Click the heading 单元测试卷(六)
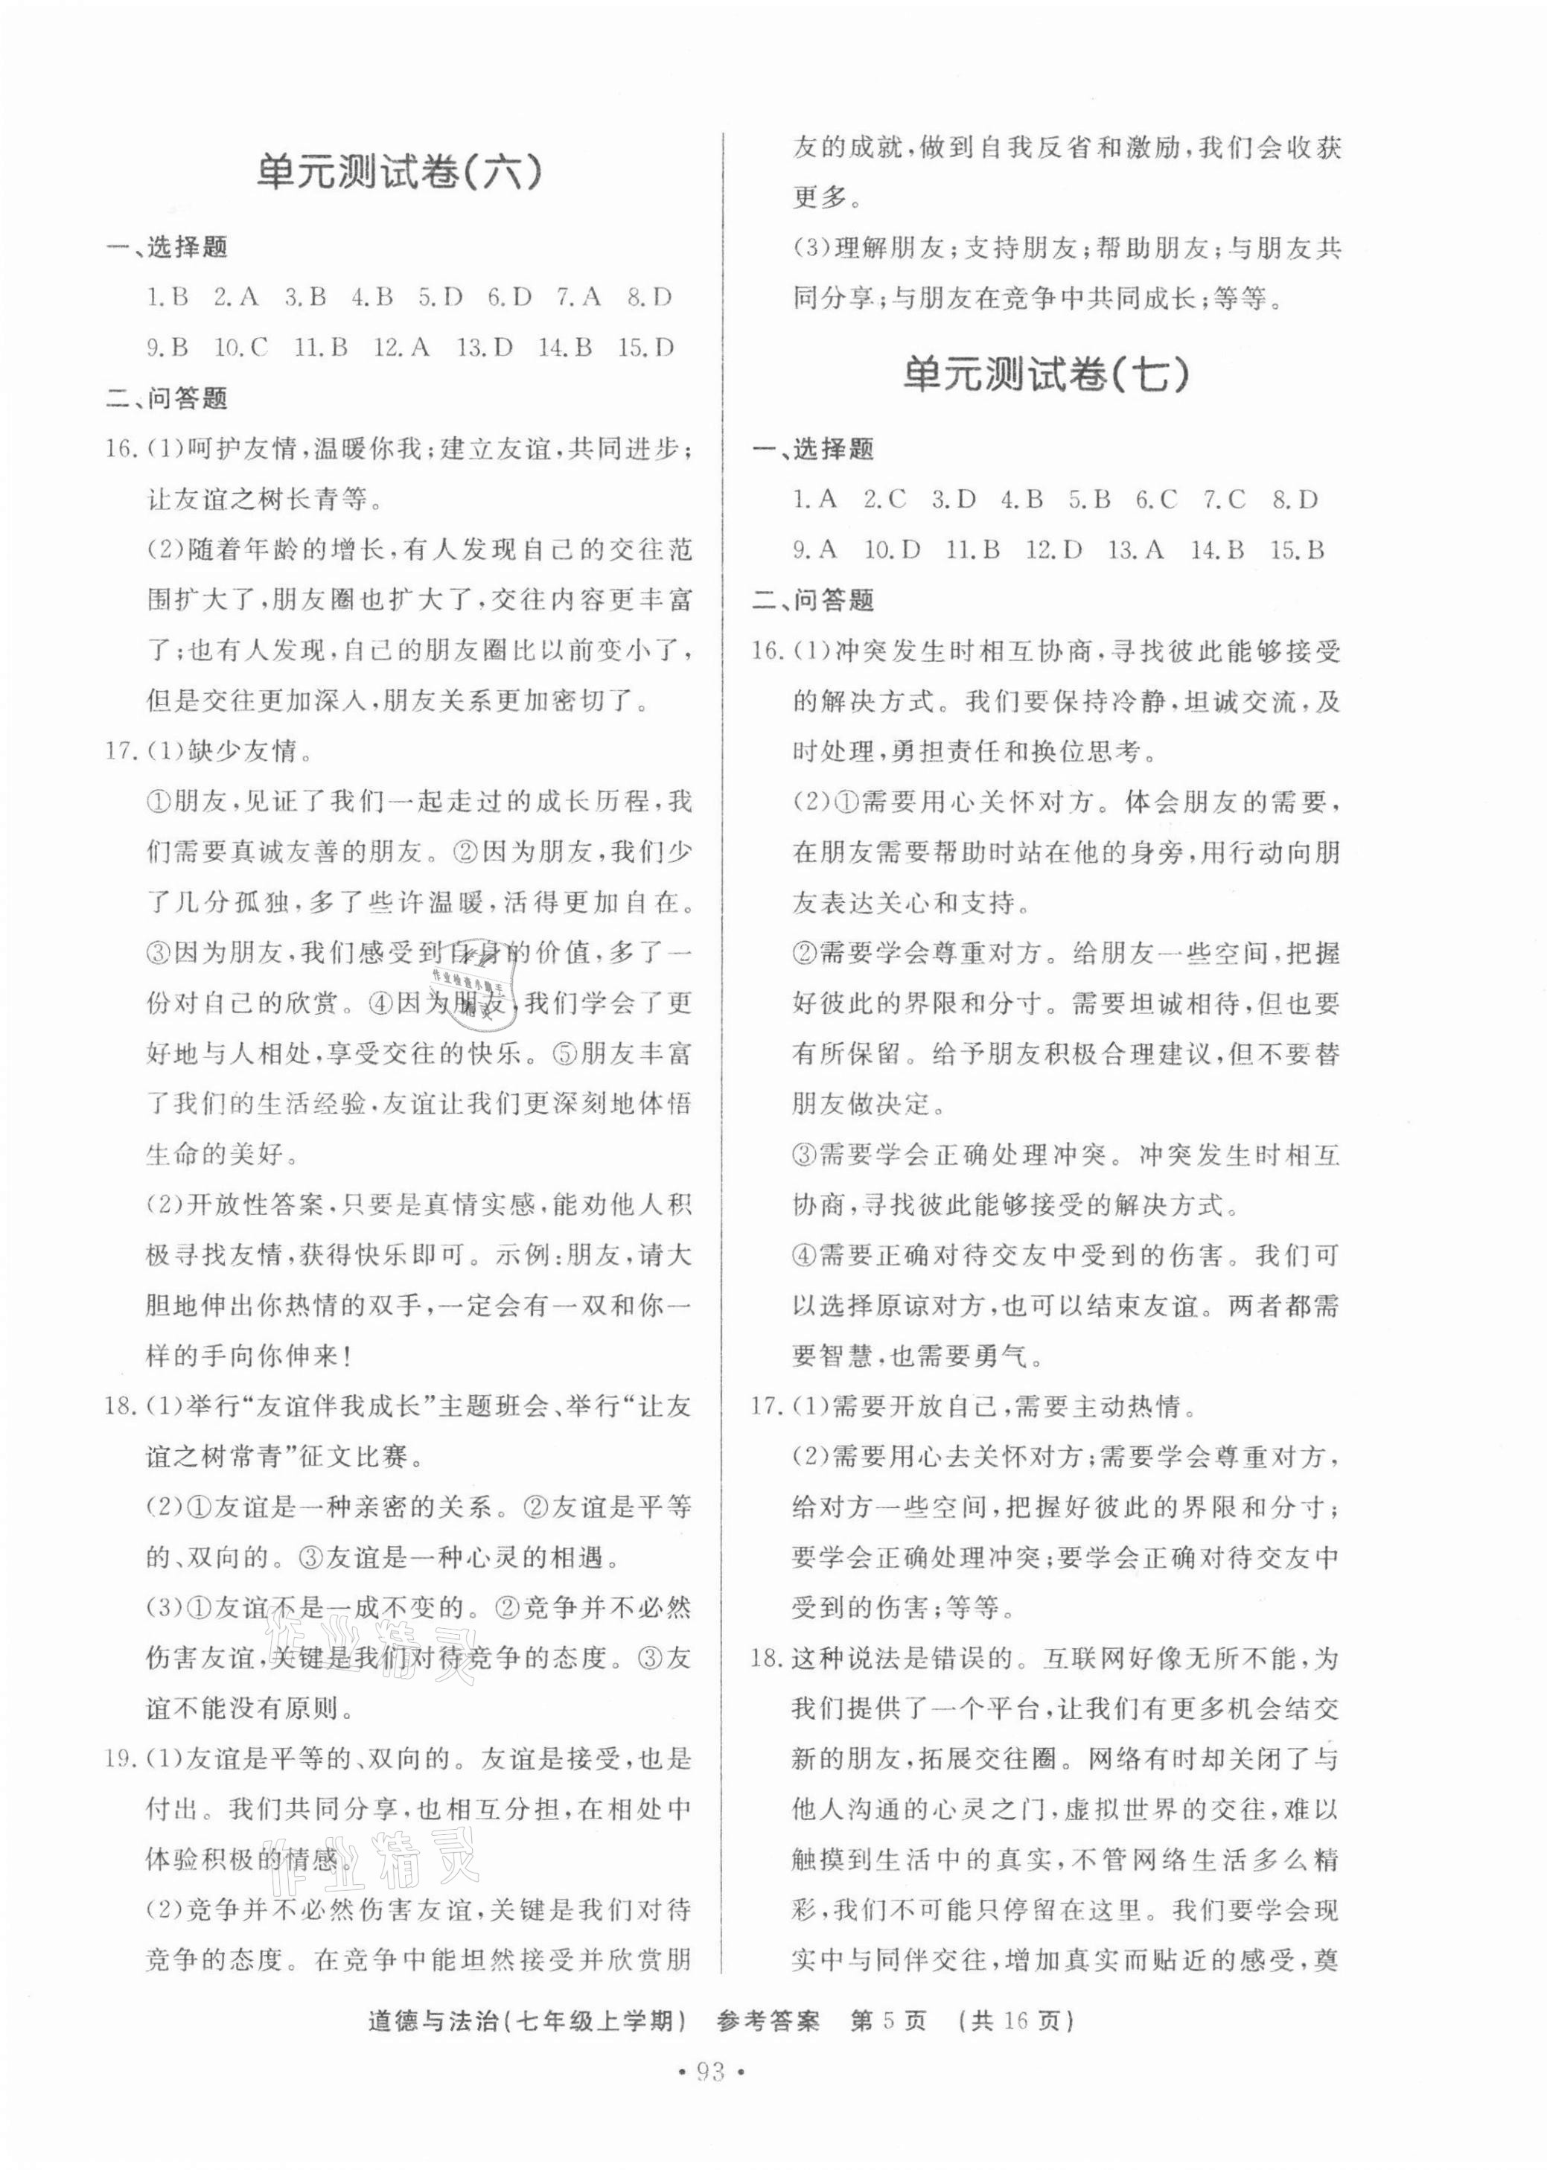click(400, 173)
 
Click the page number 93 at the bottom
click(773, 2096)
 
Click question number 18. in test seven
click(768, 1659)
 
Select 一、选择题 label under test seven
click(812, 450)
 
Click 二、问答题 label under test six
click(167, 399)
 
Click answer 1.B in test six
click(167, 299)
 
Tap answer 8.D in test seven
click(1295, 500)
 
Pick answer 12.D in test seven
click(1053, 551)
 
